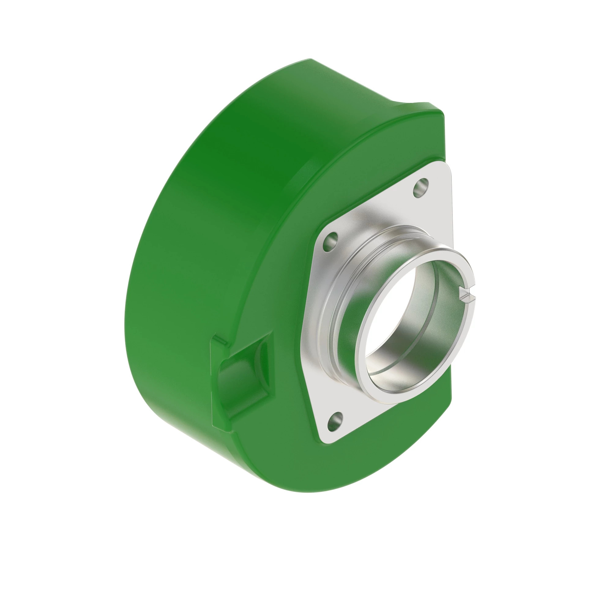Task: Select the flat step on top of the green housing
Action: tap(409, 106)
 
